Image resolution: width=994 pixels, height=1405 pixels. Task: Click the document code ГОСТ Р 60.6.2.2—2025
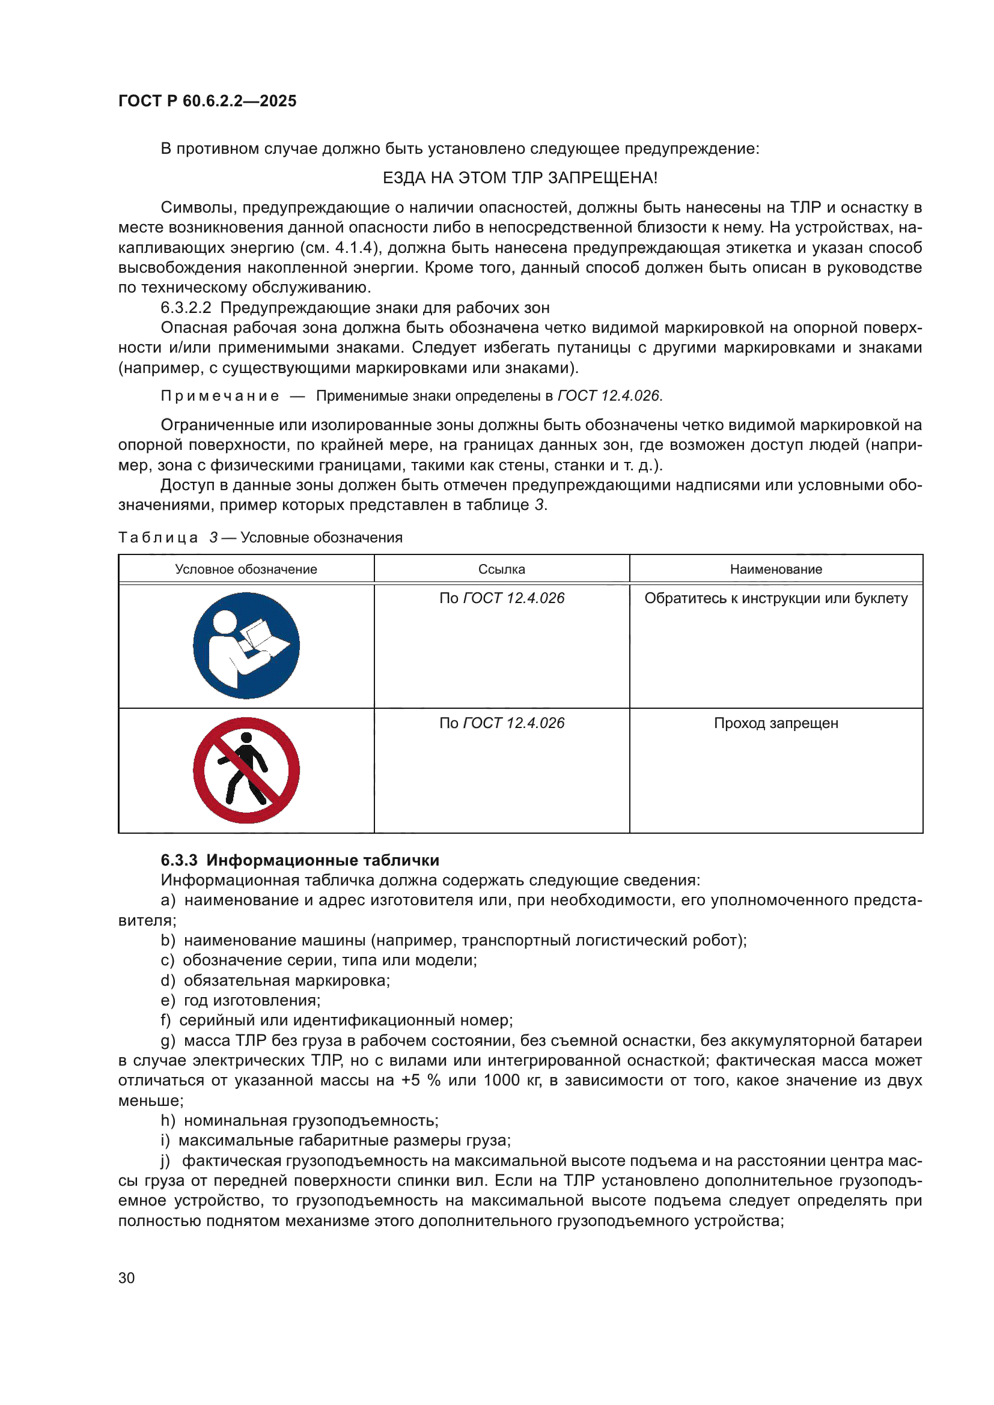point(207,101)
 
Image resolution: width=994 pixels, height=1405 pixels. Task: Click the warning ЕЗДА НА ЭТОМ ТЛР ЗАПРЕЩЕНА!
point(520,178)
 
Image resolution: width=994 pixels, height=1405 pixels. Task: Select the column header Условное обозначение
point(246,569)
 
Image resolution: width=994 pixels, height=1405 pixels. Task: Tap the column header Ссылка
point(501,569)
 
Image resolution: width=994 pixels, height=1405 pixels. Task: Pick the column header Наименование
point(775,569)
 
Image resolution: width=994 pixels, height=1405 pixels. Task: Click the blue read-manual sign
point(246,646)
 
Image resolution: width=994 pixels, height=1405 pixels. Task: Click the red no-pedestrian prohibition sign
point(246,771)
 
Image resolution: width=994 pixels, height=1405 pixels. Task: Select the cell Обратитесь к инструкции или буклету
point(775,598)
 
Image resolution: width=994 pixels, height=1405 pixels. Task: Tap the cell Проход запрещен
point(775,723)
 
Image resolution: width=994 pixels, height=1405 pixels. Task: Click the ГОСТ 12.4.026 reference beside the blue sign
point(513,598)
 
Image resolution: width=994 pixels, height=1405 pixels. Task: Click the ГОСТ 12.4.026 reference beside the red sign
point(513,723)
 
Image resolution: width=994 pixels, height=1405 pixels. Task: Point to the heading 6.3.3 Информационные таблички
point(300,860)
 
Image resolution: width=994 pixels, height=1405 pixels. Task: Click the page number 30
point(126,1278)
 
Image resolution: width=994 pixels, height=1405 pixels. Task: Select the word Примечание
point(220,396)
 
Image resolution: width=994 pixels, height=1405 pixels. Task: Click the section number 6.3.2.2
point(186,308)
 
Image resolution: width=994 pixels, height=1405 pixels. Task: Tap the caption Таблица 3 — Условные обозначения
point(260,538)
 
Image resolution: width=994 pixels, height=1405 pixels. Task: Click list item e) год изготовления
point(240,1001)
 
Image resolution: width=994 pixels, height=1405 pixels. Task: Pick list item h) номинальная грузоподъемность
point(299,1120)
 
